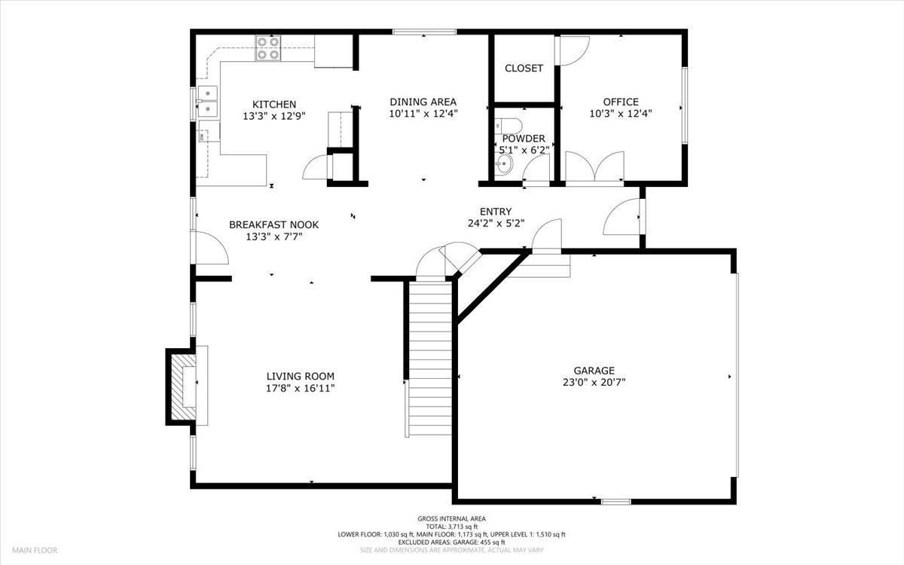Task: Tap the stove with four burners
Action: (x=266, y=48)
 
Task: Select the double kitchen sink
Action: (x=206, y=102)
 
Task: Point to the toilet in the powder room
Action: (x=508, y=125)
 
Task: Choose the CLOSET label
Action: (x=524, y=69)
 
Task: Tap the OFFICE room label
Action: (x=621, y=102)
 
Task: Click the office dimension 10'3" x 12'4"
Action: (x=621, y=114)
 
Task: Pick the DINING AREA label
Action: (x=423, y=102)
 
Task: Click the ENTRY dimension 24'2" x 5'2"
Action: (x=496, y=223)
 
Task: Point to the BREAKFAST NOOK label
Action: (x=273, y=224)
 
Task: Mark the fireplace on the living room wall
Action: (x=183, y=386)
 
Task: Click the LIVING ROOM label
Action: (x=301, y=376)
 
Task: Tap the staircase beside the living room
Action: (x=430, y=354)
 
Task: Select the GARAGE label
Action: (x=594, y=370)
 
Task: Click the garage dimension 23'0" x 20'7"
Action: (x=594, y=382)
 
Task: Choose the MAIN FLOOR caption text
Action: (x=34, y=551)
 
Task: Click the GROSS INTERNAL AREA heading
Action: (x=452, y=518)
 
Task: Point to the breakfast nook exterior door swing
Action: (x=211, y=249)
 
